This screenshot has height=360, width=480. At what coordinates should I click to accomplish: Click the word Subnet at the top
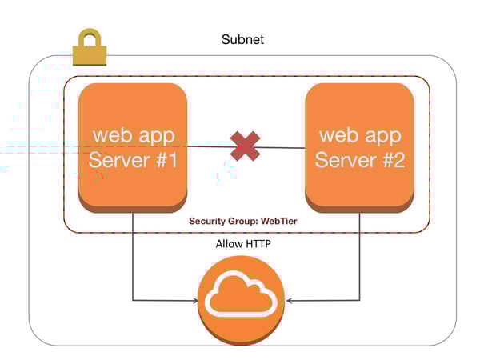point(242,39)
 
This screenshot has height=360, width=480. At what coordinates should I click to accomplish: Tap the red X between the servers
point(245,146)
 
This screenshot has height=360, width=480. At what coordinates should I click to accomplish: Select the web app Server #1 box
point(132,147)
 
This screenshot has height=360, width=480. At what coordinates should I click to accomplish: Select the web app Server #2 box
point(359,147)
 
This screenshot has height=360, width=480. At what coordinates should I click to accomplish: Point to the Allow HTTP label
point(242,243)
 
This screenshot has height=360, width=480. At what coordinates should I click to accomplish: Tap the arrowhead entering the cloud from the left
point(194,301)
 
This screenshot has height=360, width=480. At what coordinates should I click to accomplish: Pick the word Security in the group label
point(210,220)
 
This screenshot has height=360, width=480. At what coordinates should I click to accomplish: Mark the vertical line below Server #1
point(132,256)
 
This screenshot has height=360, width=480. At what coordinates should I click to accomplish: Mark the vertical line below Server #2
point(358,256)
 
